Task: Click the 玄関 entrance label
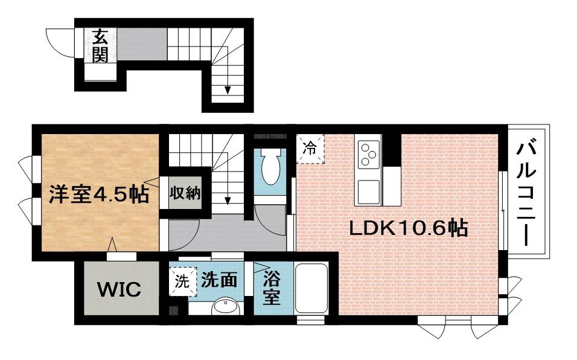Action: click(x=100, y=46)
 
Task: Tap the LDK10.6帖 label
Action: click(x=408, y=228)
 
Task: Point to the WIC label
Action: click(x=119, y=289)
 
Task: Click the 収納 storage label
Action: click(x=185, y=193)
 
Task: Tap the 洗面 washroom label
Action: click(x=218, y=280)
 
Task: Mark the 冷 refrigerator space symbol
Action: click(x=310, y=149)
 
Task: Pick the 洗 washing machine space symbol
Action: click(x=182, y=281)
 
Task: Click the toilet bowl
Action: click(x=270, y=166)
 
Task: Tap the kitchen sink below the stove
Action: click(x=368, y=191)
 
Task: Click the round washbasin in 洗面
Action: click(x=226, y=307)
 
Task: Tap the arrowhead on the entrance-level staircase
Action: click(x=228, y=90)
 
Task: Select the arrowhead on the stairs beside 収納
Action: click(x=228, y=201)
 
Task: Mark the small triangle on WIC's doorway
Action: click(x=112, y=245)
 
